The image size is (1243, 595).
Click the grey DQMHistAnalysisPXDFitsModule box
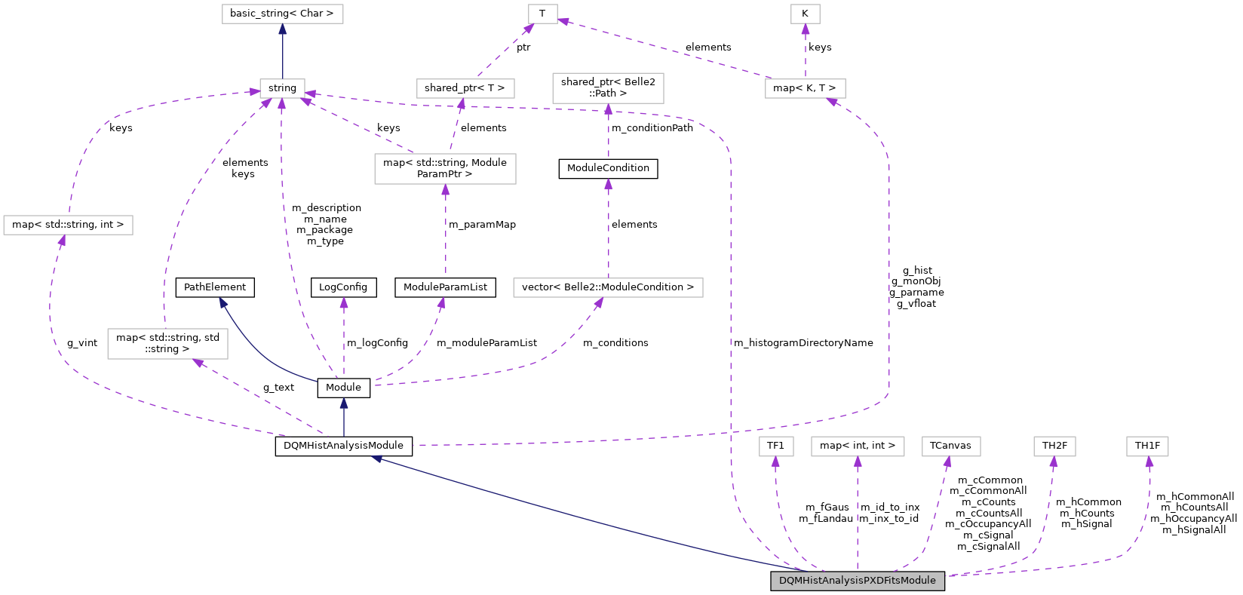click(x=857, y=581)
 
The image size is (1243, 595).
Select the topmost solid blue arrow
click(x=282, y=53)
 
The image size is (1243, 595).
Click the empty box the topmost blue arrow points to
click(x=282, y=14)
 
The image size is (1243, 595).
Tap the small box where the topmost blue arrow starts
click(x=282, y=89)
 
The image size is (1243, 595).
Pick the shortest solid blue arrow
click(x=343, y=417)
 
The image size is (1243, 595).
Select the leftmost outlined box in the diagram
click(x=68, y=225)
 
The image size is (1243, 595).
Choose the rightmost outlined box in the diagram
click(x=1147, y=446)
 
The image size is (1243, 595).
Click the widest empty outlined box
click(x=608, y=288)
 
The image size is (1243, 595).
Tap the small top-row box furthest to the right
click(x=805, y=14)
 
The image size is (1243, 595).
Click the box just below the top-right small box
click(x=805, y=89)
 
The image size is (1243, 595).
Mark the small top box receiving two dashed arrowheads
click(x=542, y=14)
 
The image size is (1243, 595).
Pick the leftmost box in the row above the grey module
click(x=775, y=446)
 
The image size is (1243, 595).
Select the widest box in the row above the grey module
click(x=858, y=446)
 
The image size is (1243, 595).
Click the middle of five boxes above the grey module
click(x=951, y=446)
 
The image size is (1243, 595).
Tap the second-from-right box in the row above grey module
click(x=1054, y=446)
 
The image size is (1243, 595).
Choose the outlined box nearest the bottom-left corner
click(x=167, y=344)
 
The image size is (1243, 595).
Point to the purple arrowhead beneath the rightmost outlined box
click(x=1149, y=462)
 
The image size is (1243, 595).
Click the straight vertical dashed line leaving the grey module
click(x=858, y=520)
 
